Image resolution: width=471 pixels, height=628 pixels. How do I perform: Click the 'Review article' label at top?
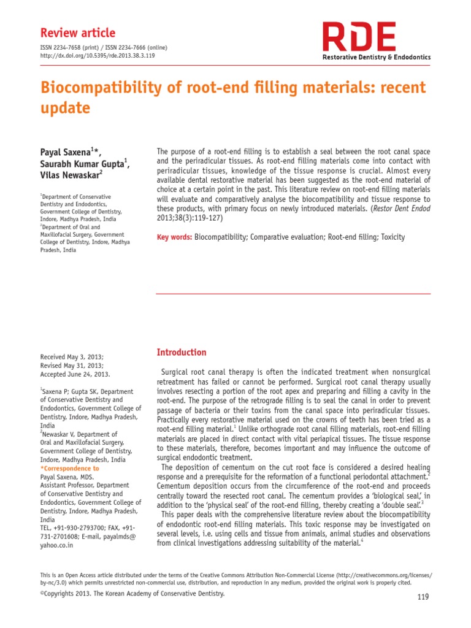(x=77, y=33)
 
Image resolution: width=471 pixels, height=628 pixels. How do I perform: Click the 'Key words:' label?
(x=175, y=237)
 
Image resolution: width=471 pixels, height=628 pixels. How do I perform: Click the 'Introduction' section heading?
(x=182, y=352)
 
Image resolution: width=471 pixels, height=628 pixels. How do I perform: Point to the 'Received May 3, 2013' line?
(x=72, y=356)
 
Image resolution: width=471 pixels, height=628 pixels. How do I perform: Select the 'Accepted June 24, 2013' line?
(x=75, y=373)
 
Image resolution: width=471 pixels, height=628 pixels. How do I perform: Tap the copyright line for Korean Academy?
(x=132, y=594)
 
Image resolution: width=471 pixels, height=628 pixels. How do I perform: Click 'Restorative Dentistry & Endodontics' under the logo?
(x=377, y=57)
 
